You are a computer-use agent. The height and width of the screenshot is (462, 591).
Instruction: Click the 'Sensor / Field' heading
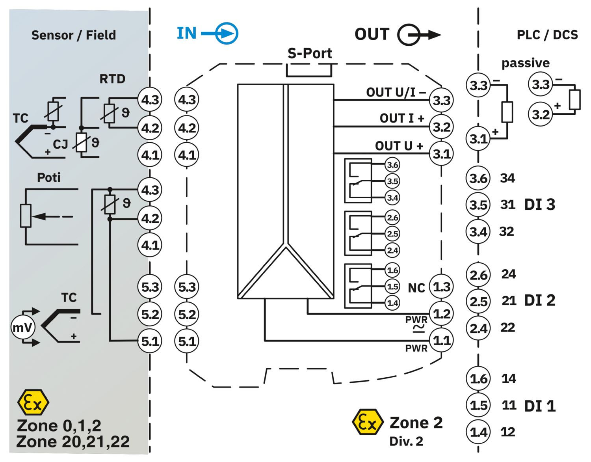click(74, 35)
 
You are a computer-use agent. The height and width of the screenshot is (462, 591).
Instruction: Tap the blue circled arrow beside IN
click(227, 33)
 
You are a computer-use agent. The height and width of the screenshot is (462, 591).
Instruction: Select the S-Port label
click(310, 53)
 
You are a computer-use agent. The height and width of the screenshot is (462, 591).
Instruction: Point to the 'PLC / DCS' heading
click(547, 35)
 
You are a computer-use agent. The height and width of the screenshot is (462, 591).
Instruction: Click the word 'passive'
click(526, 63)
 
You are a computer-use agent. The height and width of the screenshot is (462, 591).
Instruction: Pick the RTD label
click(112, 79)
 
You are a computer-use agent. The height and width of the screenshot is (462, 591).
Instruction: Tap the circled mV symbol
click(23, 327)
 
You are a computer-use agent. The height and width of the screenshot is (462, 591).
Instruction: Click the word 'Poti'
click(49, 177)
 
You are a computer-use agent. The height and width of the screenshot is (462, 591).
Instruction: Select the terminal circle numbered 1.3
click(441, 287)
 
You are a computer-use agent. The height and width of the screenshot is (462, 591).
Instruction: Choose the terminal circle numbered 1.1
click(441, 340)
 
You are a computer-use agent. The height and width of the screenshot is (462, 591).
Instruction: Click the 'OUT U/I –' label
click(396, 93)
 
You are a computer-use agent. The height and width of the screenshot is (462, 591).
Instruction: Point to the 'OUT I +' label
click(402, 118)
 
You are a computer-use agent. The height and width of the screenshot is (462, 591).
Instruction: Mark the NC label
click(416, 288)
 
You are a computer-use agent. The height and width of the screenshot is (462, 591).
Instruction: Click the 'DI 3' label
click(540, 205)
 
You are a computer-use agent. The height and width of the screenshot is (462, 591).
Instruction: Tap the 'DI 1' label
click(540, 406)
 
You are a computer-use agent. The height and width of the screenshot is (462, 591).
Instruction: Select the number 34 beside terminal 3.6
click(507, 178)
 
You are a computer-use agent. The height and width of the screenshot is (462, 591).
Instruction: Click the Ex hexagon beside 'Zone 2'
click(368, 422)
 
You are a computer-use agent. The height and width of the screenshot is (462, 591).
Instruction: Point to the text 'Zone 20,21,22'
click(73, 442)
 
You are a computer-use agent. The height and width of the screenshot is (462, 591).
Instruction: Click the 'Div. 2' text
click(406, 442)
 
